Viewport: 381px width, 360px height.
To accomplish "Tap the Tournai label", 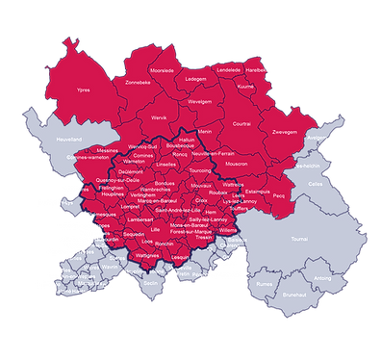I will coord(299,239).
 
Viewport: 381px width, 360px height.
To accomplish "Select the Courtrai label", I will coord(241,123).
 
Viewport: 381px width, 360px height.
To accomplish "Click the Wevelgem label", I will coord(200,101).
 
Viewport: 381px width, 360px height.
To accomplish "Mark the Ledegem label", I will coord(195,79).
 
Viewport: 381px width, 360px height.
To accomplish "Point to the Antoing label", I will coord(323,279).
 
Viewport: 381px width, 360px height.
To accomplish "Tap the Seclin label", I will coord(148,283).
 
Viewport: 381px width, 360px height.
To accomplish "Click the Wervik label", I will coord(160,119).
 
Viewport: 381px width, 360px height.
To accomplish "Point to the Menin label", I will coord(205,131).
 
